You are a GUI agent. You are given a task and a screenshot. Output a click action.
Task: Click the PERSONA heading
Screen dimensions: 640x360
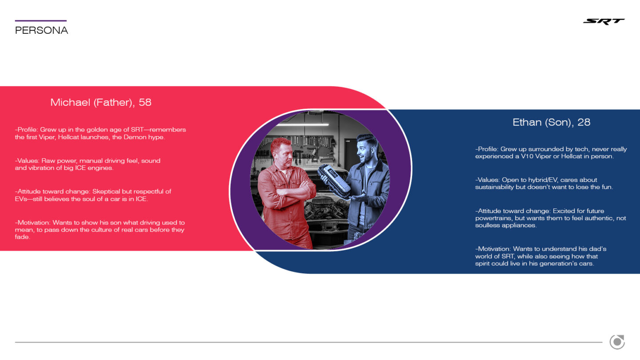pos(41,30)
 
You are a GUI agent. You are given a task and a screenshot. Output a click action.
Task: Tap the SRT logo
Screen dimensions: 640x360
pos(604,21)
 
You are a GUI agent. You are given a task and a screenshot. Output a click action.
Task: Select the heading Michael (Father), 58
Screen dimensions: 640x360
pos(101,102)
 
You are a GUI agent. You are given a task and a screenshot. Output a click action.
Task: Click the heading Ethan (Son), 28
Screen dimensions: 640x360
pos(552,122)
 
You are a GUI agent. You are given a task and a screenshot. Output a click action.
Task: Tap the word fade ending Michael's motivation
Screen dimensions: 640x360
pos(22,237)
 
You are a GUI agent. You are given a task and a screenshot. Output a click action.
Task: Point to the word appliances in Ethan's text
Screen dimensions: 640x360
pos(521,225)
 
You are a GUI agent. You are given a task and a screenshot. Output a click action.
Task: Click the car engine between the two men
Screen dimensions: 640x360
pos(326,208)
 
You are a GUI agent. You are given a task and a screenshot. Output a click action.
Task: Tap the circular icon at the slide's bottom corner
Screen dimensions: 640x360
pos(617,342)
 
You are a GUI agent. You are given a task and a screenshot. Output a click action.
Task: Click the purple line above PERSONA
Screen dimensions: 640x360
pos(41,20)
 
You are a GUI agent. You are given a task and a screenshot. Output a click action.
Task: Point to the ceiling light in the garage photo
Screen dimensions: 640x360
pos(303,124)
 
